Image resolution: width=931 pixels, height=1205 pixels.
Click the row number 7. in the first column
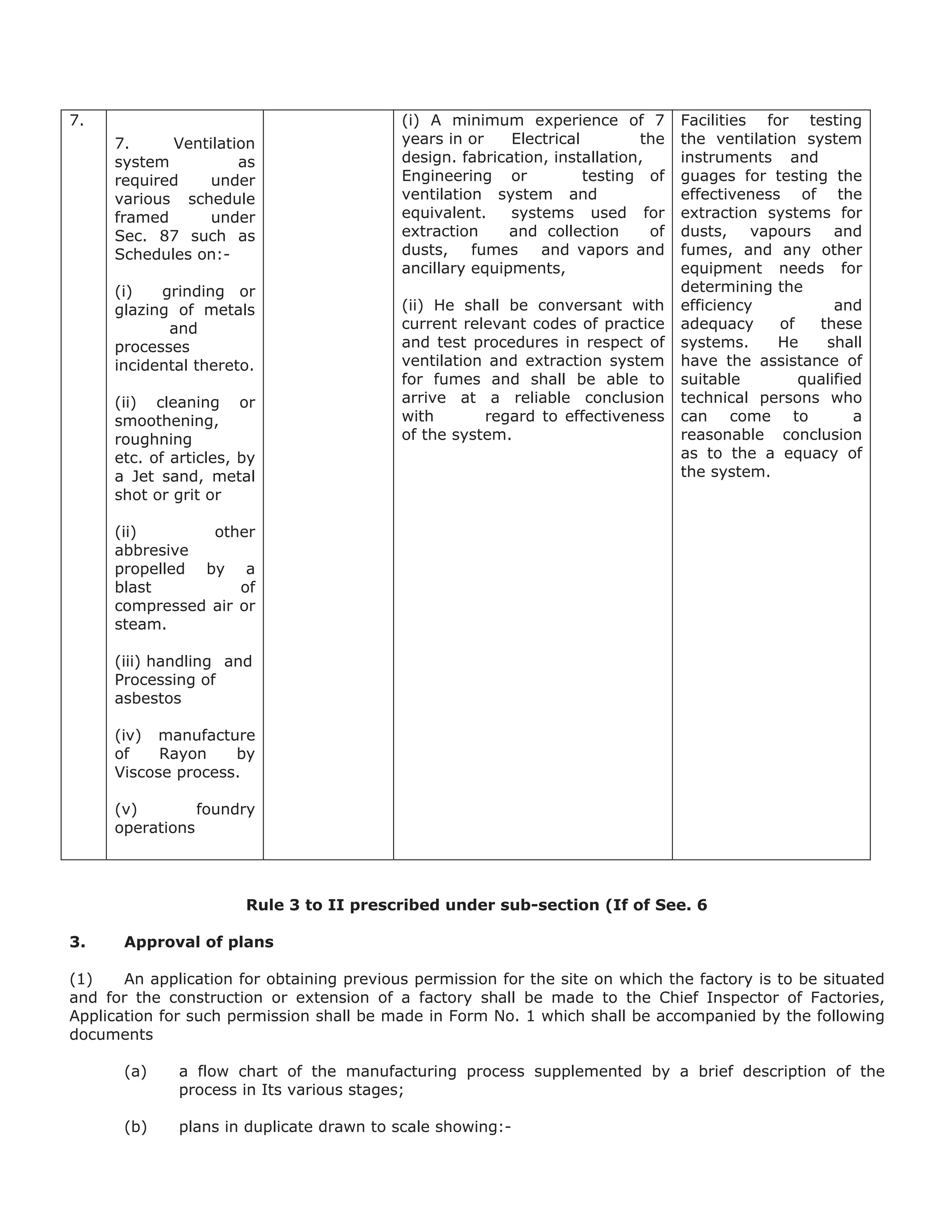click(x=77, y=120)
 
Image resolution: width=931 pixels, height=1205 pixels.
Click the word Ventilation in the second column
click(x=214, y=143)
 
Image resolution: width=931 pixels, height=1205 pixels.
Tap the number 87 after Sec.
click(x=169, y=236)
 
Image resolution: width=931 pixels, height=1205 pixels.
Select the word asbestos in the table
click(x=148, y=698)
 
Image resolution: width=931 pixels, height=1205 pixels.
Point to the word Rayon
click(x=183, y=753)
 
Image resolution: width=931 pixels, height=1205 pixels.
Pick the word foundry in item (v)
click(x=225, y=809)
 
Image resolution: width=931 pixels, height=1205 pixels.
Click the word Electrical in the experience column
click(x=546, y=139)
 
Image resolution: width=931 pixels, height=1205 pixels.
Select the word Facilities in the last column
click(x=713, y=120)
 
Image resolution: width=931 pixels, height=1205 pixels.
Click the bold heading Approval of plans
click(x=199, y=942)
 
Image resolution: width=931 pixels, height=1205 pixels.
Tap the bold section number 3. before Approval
click(x=77, y=942)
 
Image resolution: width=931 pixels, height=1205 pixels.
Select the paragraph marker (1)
click(x=80, y=979)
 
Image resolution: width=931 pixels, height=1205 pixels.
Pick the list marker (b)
click(x=135, y=1127)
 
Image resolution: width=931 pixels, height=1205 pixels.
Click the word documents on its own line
click(x=111, y=1034)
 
